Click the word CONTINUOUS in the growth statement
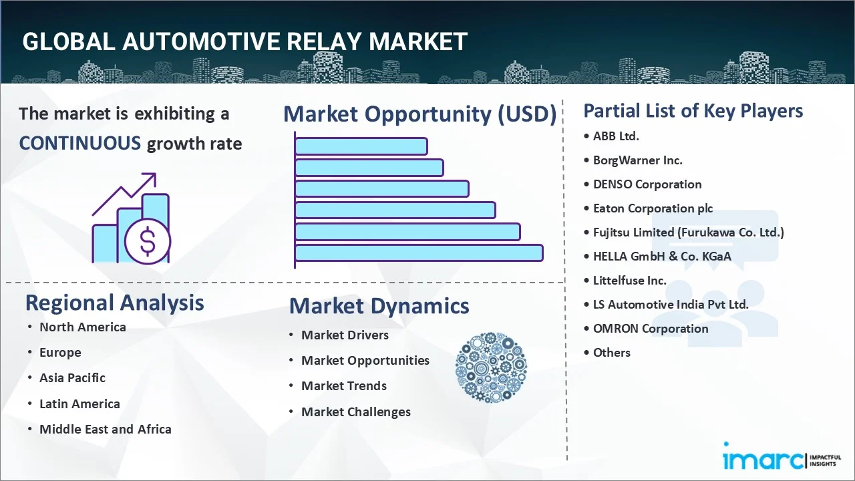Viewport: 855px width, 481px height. pos(79,143)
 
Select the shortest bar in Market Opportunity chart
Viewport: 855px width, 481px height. pos(361,146)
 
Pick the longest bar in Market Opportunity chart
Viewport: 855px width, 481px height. pos(419,253)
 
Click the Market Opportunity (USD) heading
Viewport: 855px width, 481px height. pos(419,114)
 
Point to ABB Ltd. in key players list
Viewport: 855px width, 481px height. pos(616,136)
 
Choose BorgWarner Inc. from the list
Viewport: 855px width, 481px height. pos(637,160)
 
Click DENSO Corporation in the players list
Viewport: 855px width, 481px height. pos(647,184)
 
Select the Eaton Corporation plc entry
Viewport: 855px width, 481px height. pos(653,208)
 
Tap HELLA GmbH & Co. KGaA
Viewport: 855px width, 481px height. pos(662,257)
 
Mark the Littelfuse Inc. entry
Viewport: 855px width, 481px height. pos(630,281)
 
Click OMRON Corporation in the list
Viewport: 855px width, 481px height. pos(651,329)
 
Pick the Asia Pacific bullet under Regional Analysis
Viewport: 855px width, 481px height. pos(72,378)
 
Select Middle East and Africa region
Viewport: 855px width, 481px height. pos(105,430)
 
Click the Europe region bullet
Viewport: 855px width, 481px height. pos(60,353)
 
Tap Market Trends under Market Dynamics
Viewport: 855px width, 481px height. pos(343,386)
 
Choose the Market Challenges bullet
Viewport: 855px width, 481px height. pos(355,412)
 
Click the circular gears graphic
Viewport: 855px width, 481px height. pos(491,367)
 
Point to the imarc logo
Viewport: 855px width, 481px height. pos(761,460)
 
